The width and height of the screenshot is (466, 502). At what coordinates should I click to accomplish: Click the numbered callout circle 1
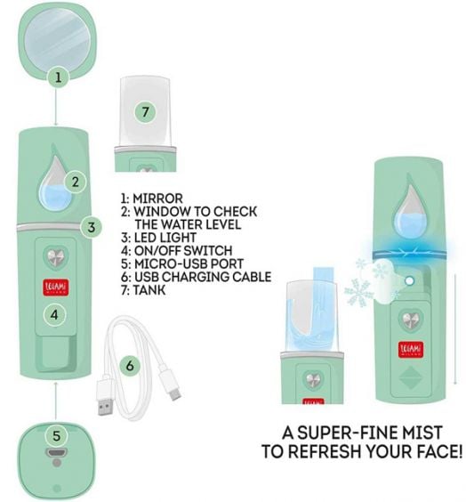[58, 77]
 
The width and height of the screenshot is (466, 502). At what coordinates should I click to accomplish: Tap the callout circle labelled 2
[76, 182]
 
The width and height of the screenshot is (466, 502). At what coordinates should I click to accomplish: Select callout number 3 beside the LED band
[92, 227]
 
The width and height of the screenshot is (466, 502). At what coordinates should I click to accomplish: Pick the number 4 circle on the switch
[54, 315]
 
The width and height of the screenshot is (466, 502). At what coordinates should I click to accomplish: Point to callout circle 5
[56, 436]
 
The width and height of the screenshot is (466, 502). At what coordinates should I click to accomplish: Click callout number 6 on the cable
[130, 366]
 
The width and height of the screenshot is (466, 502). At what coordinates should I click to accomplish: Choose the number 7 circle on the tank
[146, 112]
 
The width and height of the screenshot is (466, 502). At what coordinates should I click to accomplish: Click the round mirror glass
[57, 39]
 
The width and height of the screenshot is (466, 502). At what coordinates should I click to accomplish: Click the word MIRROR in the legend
[157, 198]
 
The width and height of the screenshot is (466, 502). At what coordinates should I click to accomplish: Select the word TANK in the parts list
[149, 290]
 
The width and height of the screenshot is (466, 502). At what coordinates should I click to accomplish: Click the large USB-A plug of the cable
[106, 397]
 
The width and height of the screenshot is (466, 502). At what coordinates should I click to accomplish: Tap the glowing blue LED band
[410, 251]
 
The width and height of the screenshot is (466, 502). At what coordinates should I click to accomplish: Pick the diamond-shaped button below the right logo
[411, 378]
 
